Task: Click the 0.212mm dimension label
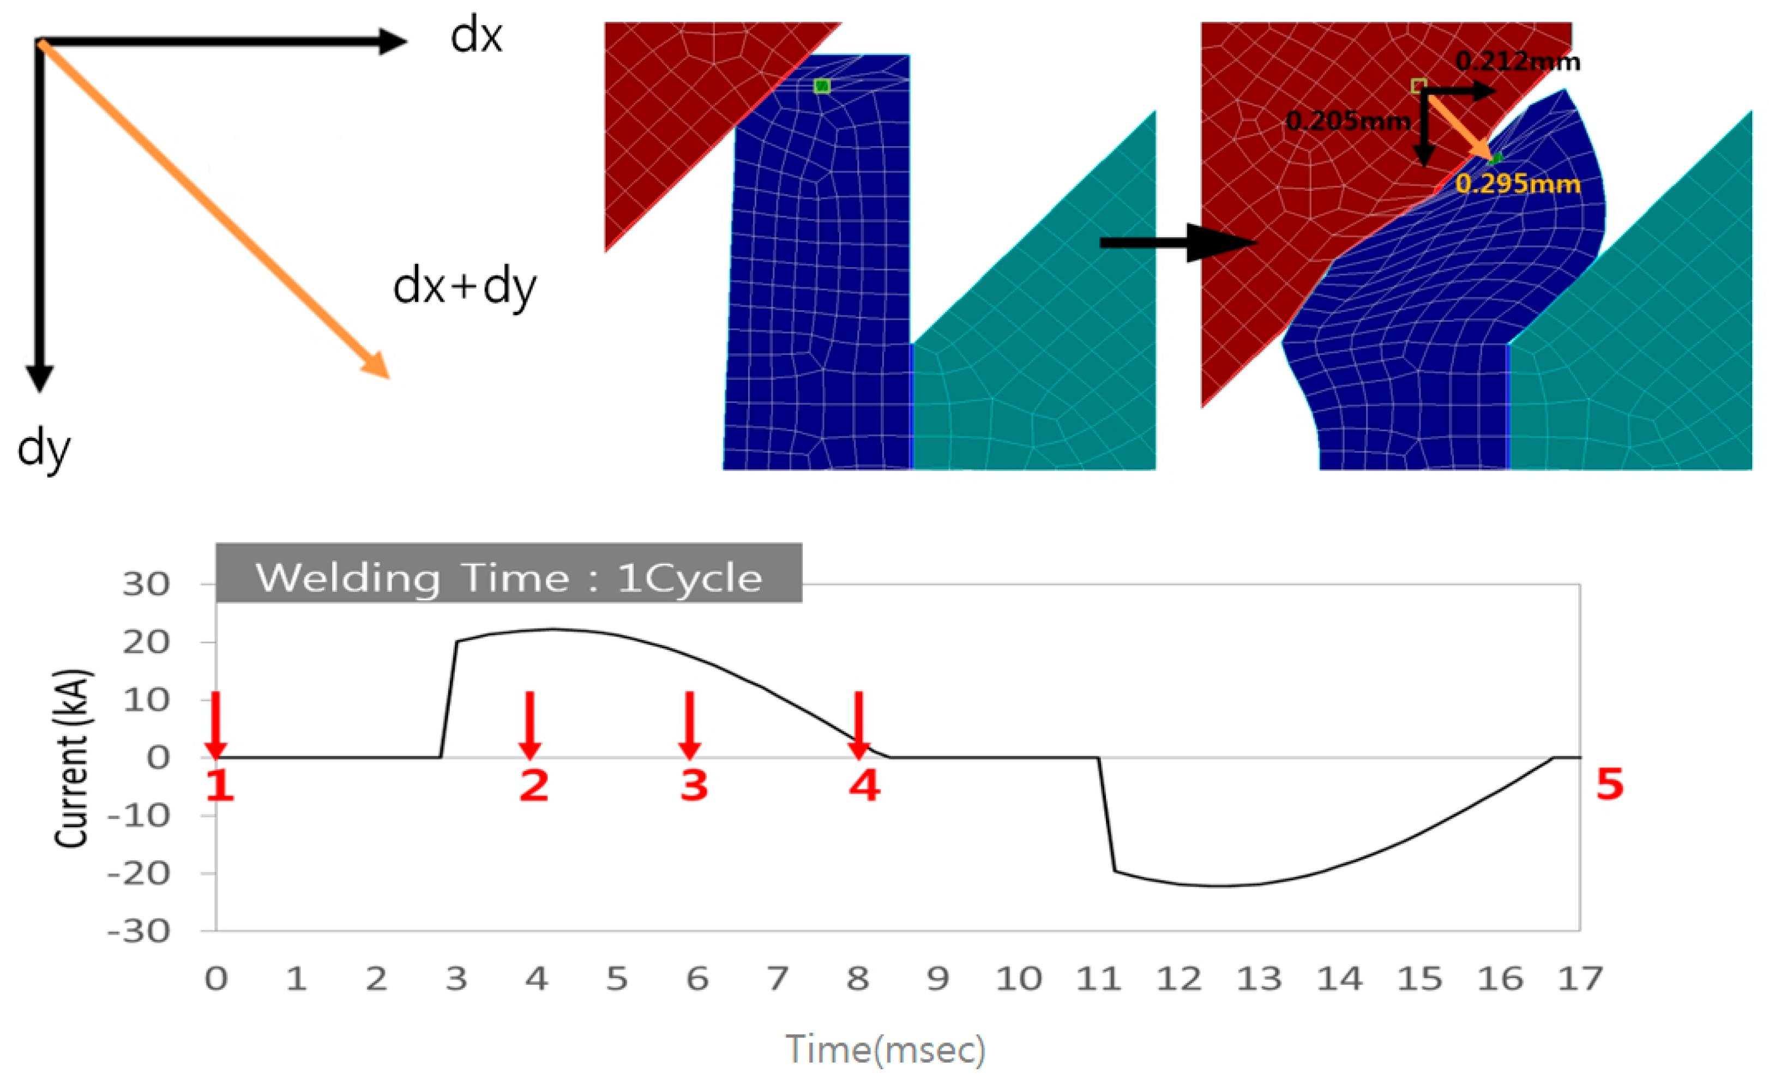1518,62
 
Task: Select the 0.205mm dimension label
1348,120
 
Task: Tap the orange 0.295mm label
1518,184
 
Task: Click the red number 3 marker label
694,785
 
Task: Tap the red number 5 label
1610,783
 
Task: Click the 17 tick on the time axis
1579,979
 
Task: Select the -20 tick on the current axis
149,874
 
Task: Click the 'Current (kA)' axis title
72,758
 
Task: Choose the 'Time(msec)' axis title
885,1049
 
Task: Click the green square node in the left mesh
822,86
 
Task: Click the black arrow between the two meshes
1177,243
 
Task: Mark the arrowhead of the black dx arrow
393,41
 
